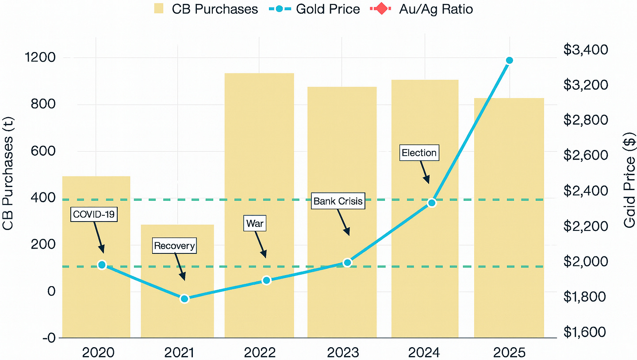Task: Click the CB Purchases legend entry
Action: click(206, 9)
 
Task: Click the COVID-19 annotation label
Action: click(94, 215)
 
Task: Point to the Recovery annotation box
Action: click(174, 245)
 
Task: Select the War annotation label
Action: click(255, 223)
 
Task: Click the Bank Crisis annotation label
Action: click(338, 201)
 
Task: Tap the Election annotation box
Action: click(419, 153)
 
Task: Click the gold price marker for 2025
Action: click(509, 60)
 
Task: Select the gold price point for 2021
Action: click(184, 299)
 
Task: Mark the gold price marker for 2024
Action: click(432, 203)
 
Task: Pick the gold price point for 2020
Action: click(102, 265)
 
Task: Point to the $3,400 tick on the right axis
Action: click(585, 50)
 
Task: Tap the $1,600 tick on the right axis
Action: click(585, 332)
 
